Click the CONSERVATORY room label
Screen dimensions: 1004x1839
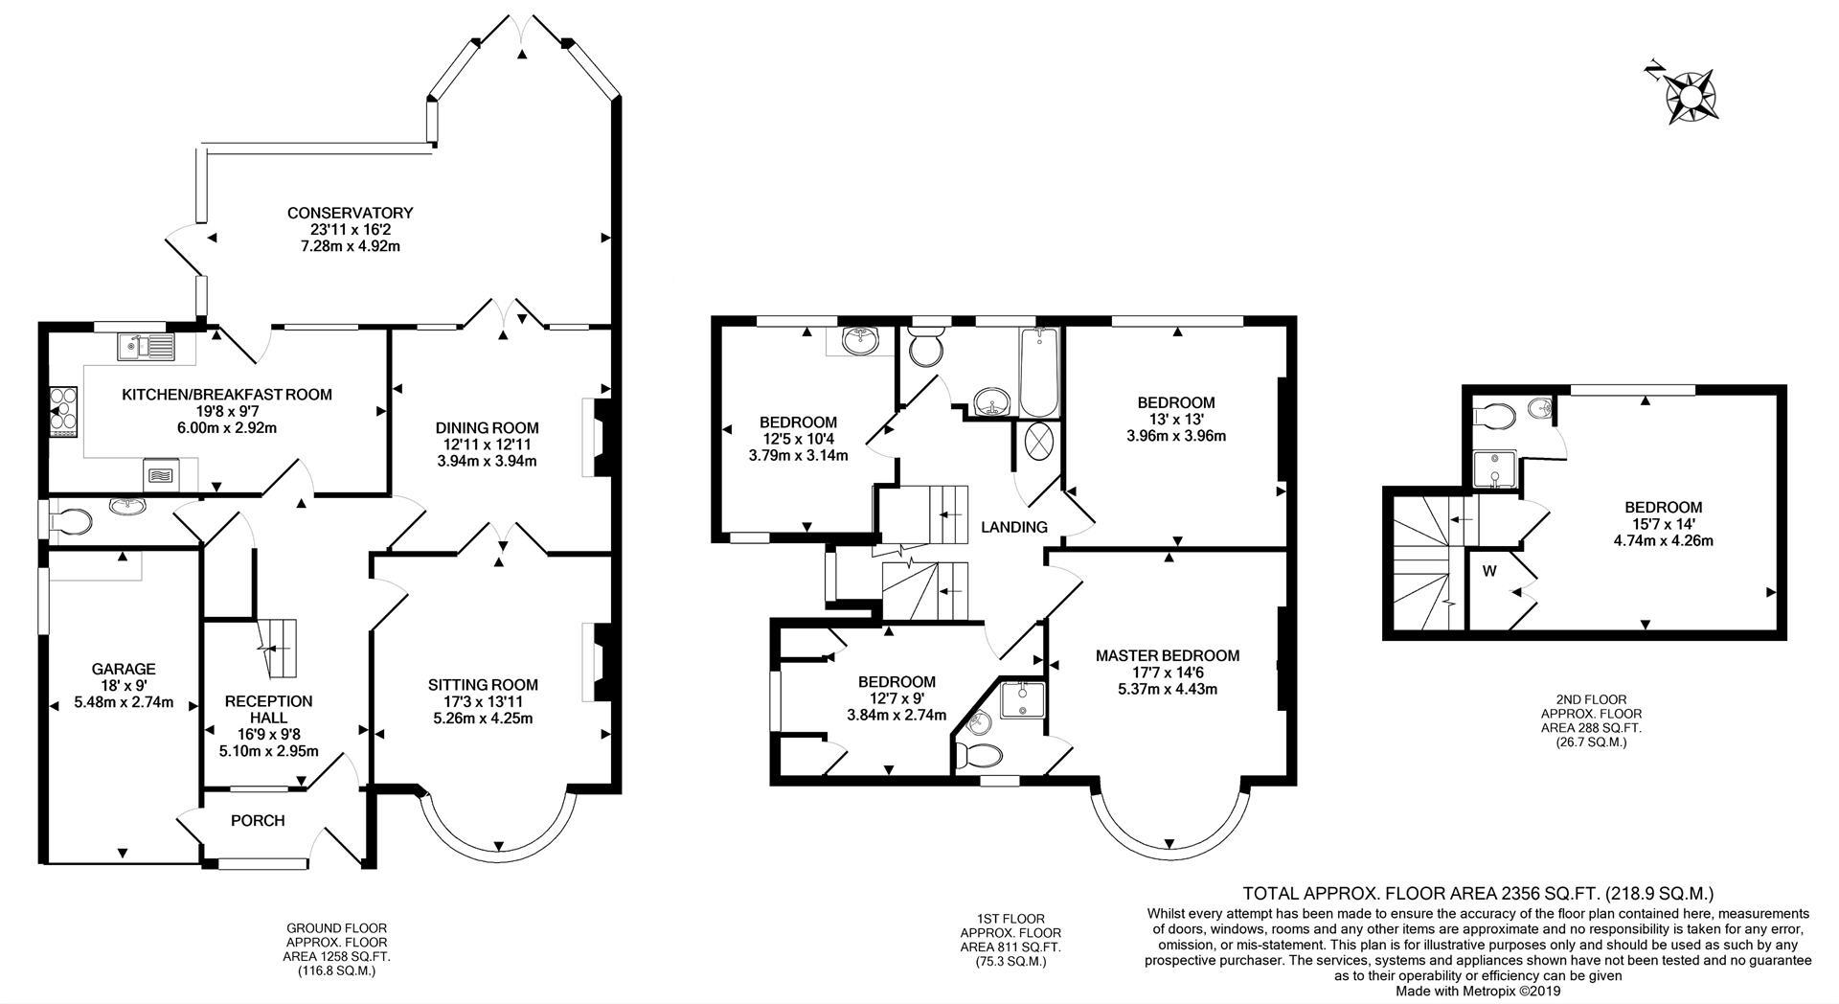pyautogui.click(x=350, y=213)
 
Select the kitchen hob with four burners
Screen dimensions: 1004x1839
pyautogui.click(x=62, y=409)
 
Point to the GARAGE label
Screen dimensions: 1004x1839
pyautogui.click(x=124, y=669)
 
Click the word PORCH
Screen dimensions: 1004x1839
pyautogui.click(x=258, y=821)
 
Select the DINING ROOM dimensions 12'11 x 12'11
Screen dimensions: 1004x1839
pyautogui.click(x=487, y=445)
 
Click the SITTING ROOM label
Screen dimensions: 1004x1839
pyautogui.click(x=483, y=685)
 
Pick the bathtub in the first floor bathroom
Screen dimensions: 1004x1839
pyautogui.click(x=1039, y=372)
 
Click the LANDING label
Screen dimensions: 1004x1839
pyautogui.click(x=1013, y=527)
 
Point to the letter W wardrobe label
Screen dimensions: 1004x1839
pyautogui.click(x=1489, y=572)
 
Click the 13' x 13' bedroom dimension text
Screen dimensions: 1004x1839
pyautogui.click(x=1175, y=420)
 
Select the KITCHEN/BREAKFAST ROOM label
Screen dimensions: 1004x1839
pyautogui.click(x=227, y=395)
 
